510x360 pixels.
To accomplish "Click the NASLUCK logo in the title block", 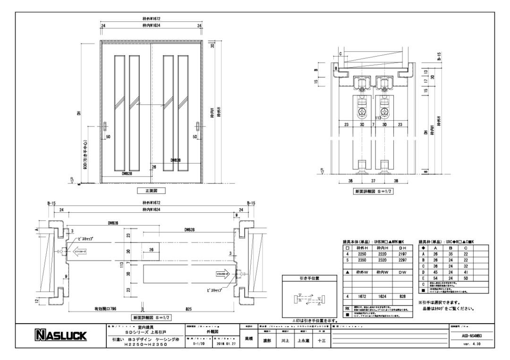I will (x=59, y=336).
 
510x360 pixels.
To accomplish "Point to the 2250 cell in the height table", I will (x=362, y=253).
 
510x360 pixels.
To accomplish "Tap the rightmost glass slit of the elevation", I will (x=183, y=112).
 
